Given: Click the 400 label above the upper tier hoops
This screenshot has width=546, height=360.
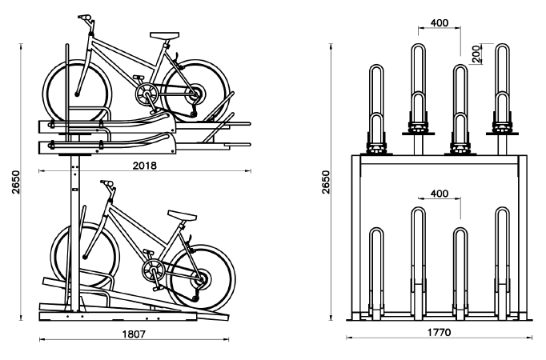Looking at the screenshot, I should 439,22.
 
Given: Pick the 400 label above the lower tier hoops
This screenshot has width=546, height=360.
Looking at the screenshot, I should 439,194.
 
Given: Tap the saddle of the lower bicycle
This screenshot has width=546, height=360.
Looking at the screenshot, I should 181,214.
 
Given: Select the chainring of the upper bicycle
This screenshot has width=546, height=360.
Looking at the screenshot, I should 146,96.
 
